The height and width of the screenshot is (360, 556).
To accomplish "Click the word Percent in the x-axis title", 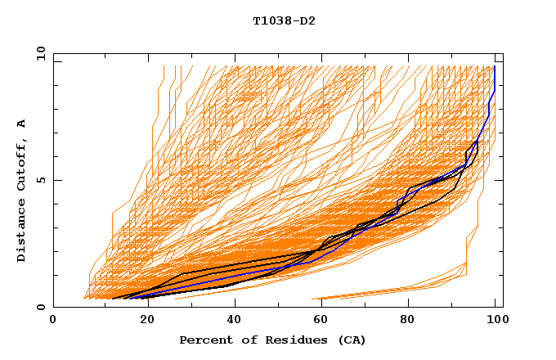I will click(203, 340).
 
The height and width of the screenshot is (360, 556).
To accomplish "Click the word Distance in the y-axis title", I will click(22, 229).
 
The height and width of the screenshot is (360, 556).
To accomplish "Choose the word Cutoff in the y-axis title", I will click(22, 160).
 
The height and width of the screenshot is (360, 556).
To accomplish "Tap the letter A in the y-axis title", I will click(22, 123).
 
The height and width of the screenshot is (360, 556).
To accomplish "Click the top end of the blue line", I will click(495, 66).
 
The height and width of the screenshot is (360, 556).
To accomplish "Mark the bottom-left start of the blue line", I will click(129, 298).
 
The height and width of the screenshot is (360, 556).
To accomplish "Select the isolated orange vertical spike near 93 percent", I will click(467, 250).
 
